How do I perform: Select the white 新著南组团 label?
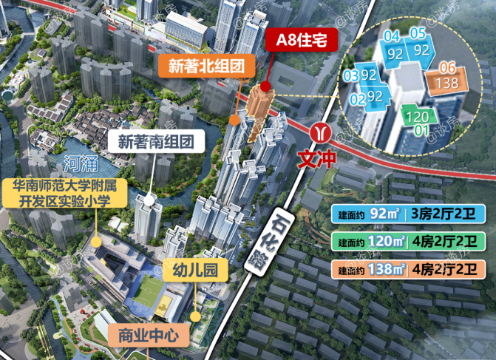[156, 140]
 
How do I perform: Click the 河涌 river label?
[78, 162]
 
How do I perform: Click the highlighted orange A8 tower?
[261, 111]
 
